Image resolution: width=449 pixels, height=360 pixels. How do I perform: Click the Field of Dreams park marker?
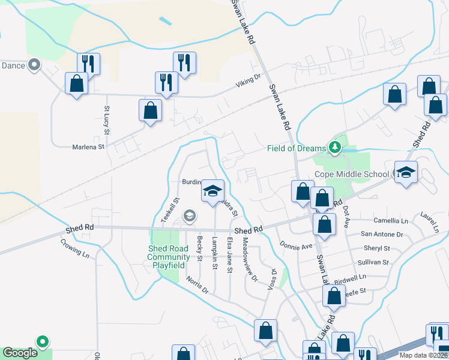[334, 147]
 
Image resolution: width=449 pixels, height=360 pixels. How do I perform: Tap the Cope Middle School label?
[354, 175]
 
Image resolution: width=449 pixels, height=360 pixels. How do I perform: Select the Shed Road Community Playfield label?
[169, 257]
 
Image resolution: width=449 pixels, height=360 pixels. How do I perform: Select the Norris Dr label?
[196, 285]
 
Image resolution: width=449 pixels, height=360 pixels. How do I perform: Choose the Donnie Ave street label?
[296, 246]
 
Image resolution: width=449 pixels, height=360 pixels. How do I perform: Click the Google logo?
[20, 353]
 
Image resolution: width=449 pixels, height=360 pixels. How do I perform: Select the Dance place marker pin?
[34, 65]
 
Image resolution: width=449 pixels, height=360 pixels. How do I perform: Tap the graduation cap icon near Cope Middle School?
[406, 172]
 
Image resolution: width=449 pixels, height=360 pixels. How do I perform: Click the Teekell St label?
[169, 211]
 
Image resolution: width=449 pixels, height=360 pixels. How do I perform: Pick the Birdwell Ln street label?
[350, 278]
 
